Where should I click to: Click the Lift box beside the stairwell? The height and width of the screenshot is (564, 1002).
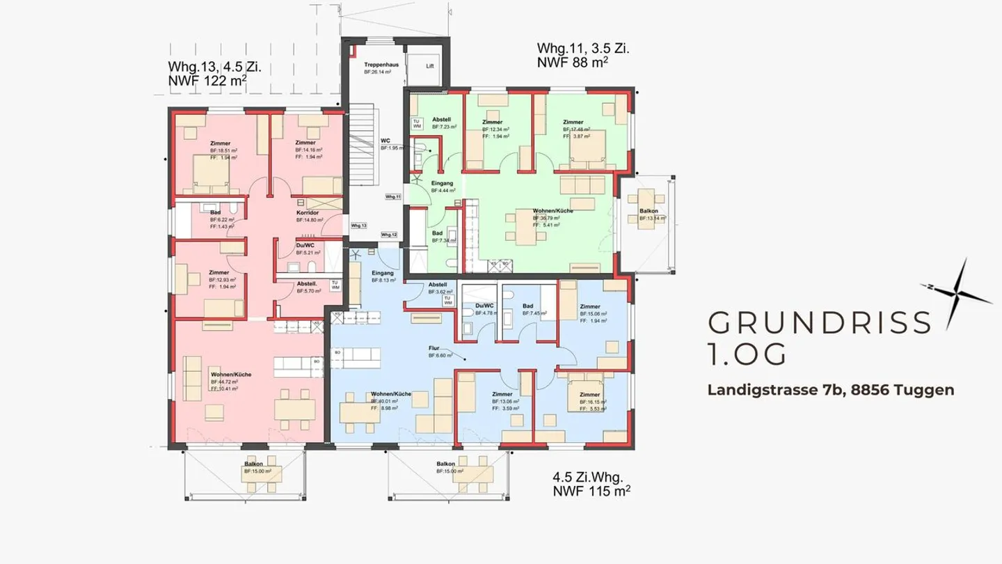coord(431,65)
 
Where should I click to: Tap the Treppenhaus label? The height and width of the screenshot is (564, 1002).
coord(378,65)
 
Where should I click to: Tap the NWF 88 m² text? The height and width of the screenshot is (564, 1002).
coord(573,62)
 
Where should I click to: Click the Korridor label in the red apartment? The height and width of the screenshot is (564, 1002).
coord(307,212)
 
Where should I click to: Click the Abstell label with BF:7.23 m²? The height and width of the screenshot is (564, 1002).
coord(442,120)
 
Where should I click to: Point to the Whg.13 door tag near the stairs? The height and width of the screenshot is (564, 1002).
coord(358,226)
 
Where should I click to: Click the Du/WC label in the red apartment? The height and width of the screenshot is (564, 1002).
coord(305,245)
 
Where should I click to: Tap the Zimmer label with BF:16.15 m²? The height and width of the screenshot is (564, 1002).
coord(590,395)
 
